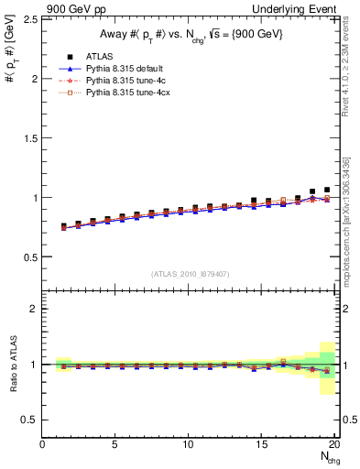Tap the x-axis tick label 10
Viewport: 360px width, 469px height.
coord(189,445)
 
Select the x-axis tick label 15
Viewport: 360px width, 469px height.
coord(262,445)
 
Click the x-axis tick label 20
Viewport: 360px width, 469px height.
coord(334,445)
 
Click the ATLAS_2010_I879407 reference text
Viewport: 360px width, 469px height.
coord(190,274)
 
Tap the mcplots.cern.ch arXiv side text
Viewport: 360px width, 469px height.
coord(350,211)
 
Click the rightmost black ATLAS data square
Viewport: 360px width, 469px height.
coord(327,190)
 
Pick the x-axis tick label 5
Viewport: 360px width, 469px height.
coord(115,445)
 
